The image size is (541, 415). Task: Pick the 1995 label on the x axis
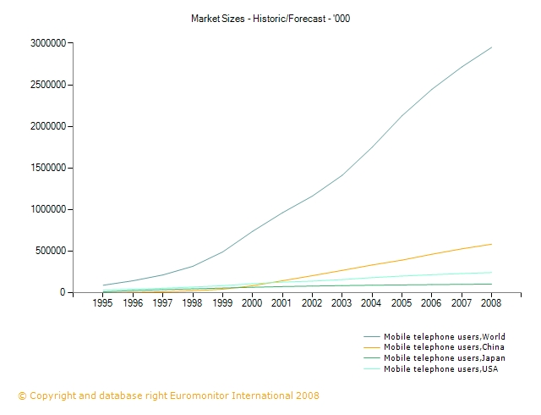pos(102,302)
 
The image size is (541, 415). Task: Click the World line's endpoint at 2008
pos(492,47)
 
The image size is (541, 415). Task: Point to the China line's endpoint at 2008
pos(492,244)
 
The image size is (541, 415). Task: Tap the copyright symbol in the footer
pos(22,396)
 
